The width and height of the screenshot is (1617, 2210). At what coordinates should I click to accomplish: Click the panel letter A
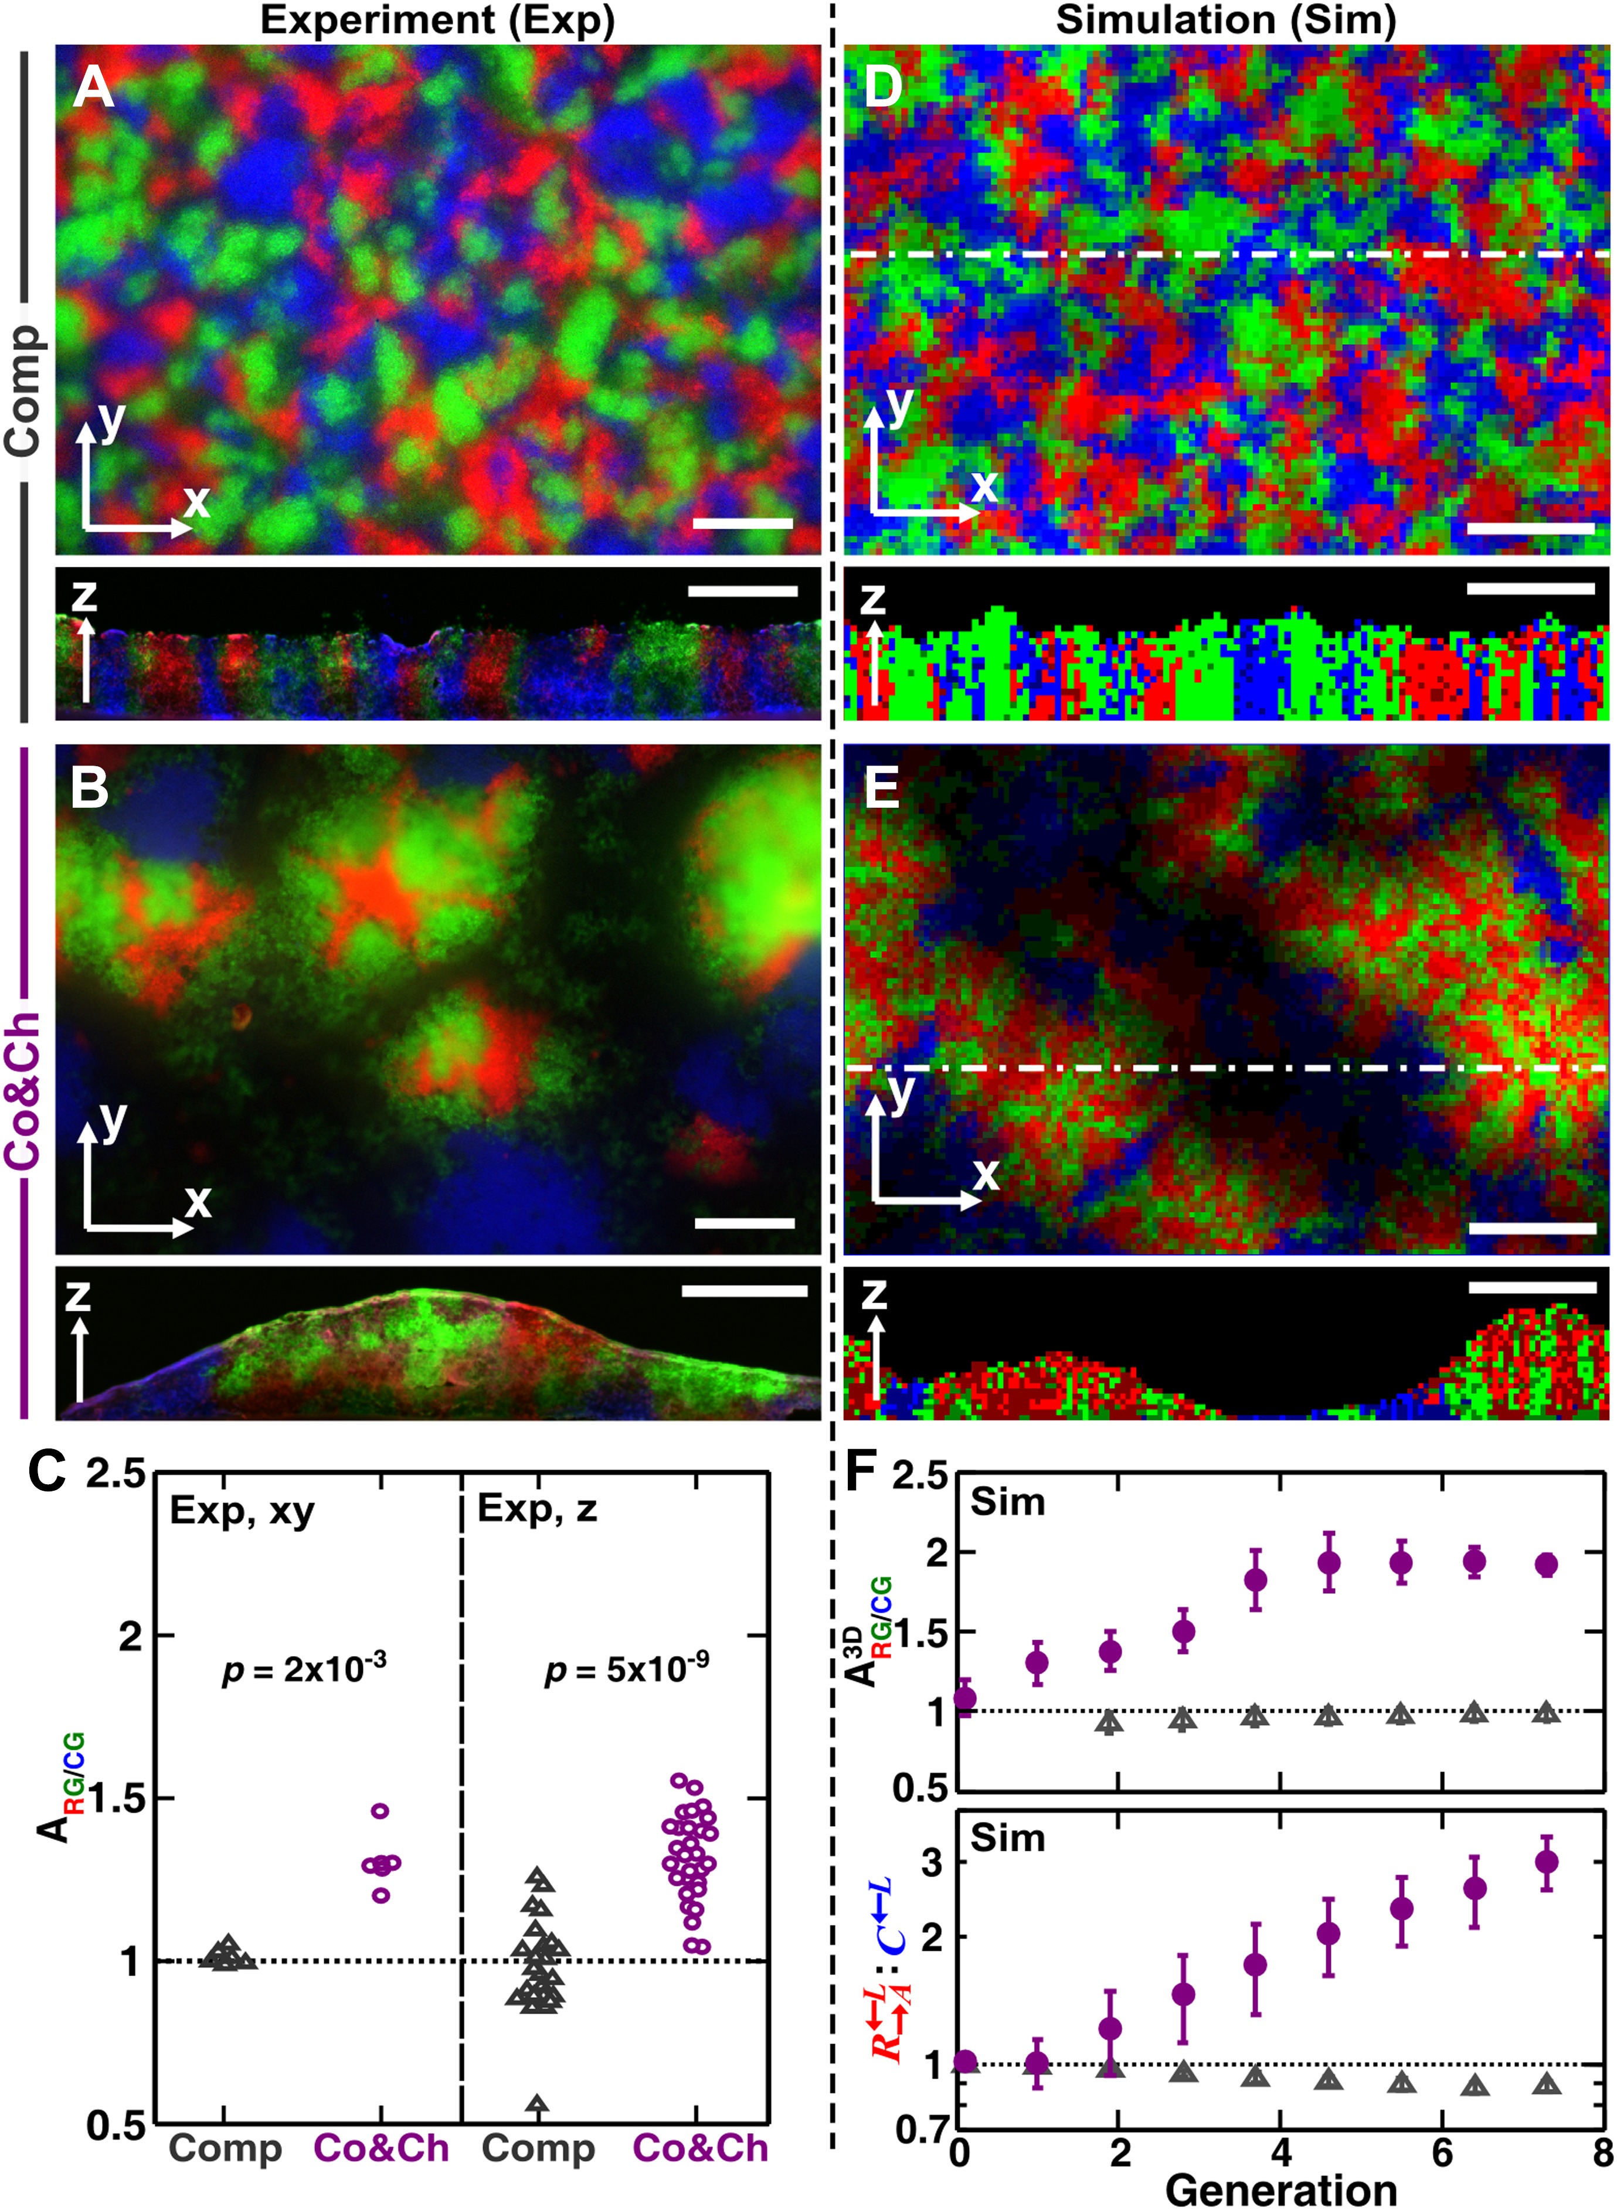[x=94, y=87]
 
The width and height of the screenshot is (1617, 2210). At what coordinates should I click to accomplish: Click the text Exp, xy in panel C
[x=242, y=1510]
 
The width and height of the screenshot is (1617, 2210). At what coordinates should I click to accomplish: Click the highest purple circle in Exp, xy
[x=381, y=1811]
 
